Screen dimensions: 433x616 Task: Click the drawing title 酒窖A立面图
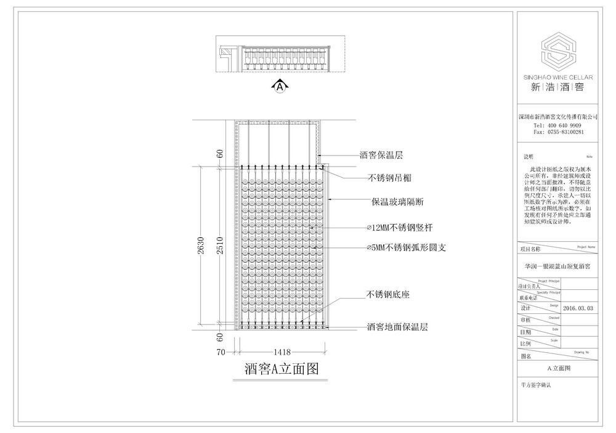click(281, 369)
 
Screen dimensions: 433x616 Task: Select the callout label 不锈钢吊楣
click(389, 178)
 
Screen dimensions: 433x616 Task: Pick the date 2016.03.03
click(577, 307)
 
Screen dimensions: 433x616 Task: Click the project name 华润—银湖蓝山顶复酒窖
click(557, 267)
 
